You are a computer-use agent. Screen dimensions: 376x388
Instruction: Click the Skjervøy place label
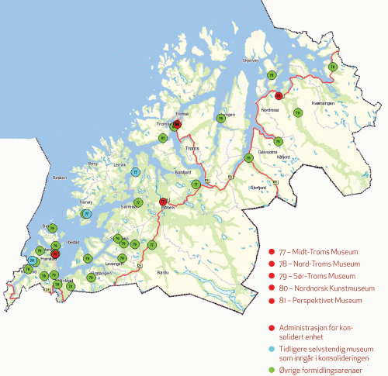(271, 58)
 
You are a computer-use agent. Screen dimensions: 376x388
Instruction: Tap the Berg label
(93, 164)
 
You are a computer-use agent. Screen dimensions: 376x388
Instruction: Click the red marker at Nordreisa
(279, 95)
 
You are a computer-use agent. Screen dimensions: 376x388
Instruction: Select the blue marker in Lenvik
(135, 172)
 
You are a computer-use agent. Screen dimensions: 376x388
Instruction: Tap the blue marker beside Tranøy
(86, 213)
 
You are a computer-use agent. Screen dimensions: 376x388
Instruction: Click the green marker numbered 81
(163, 138)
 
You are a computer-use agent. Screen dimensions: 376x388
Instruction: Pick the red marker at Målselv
(163, 202)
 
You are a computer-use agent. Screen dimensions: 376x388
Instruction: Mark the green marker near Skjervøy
(271, 74)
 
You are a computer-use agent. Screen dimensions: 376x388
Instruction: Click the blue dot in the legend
(270, 349)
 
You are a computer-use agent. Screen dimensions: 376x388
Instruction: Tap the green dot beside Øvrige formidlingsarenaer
(270, 369)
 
